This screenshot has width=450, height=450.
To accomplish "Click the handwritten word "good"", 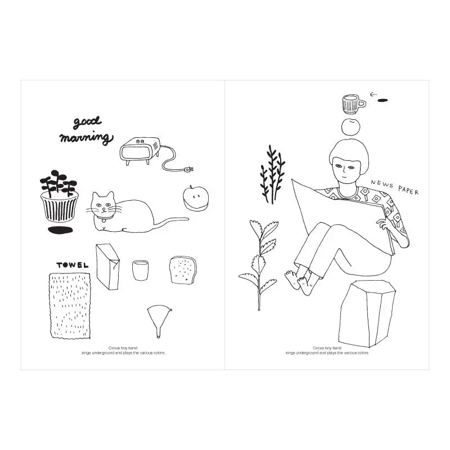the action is (87, 123).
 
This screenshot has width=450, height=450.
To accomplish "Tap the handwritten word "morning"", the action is (87, 138).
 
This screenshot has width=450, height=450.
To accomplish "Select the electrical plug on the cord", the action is (188, 169).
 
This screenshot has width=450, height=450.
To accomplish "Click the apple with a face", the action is (196, 199).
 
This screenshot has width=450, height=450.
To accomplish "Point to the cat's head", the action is (103, 205).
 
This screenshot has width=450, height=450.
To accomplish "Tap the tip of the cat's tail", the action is (188, 219).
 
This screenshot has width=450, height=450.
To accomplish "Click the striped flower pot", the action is (60, 206).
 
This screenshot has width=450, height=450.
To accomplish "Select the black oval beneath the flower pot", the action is (60, 230).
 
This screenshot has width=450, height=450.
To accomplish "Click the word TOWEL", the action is (73, 265).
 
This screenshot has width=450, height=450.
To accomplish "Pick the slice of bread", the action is (183, 270).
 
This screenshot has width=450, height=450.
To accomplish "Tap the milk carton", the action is (107, 267).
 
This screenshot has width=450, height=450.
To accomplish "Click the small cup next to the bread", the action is (140, 270).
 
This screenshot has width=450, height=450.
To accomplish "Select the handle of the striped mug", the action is (362, 103).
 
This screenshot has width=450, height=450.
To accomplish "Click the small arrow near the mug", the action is (373, 94).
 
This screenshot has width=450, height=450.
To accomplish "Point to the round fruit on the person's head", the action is (350, 127).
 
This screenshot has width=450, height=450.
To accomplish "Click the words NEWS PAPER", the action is (395, 187).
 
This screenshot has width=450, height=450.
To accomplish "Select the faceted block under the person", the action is (367, 313).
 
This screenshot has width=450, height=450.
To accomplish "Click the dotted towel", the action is (70, 306).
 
